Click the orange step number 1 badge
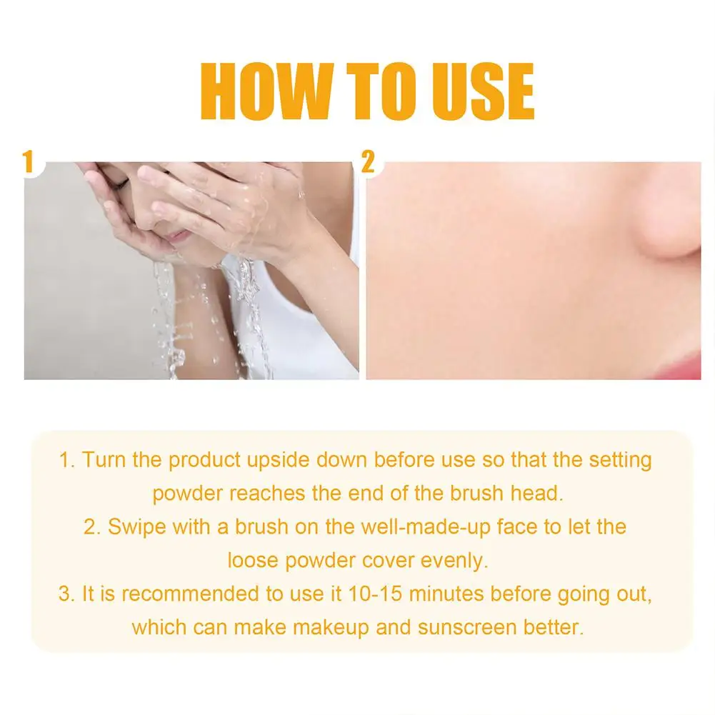(29, 161)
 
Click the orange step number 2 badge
(368, 161)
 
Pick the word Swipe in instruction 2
(136, 527)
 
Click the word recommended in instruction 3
(180, 594)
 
